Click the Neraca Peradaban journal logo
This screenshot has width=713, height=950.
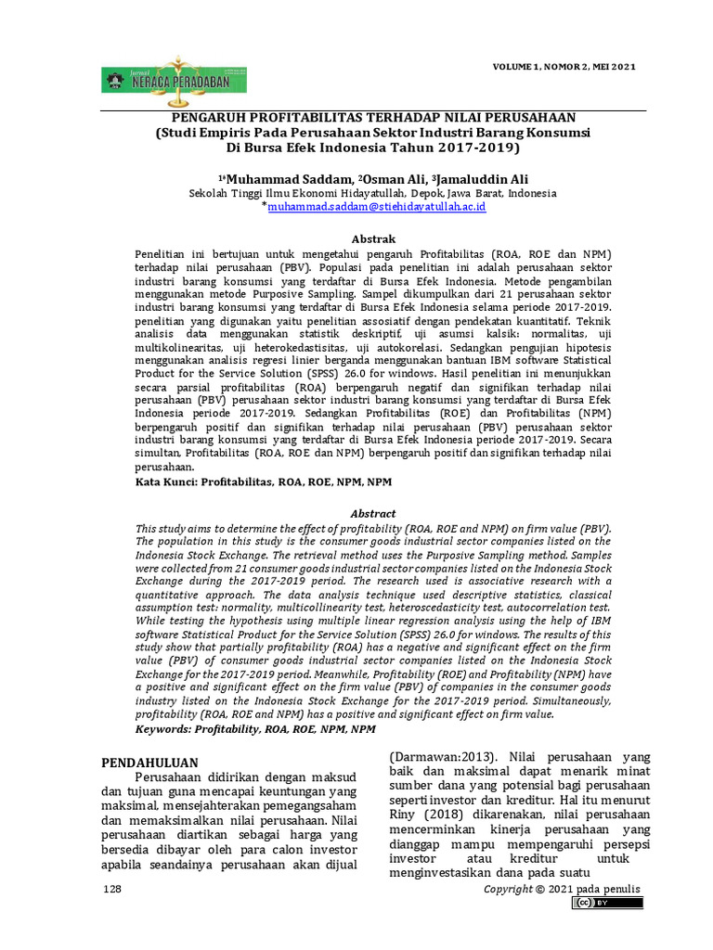pos(174,81)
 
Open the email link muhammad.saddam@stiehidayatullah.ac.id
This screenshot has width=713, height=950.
pos(376,208)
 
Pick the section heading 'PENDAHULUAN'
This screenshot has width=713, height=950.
pos(150,762)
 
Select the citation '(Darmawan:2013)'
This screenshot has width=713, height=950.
pos(442,755)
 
